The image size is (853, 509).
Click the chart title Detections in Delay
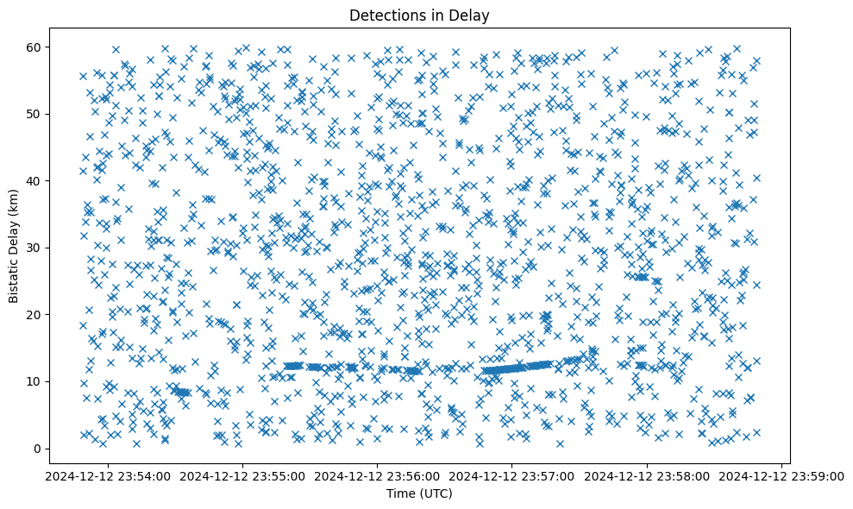click(x=418, y=15)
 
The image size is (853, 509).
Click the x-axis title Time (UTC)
click(x=418, y=494)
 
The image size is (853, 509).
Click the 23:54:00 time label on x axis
click(x=107, y=475)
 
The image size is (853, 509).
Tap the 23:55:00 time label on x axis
click(x=242, y=475)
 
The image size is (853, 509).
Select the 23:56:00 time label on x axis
click(x=377, y=475)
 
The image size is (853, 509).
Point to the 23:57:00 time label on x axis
click(x=512, y=475)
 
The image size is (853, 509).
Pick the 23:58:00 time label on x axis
click(x=647, y=475)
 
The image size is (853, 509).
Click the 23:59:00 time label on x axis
click(x=782, y=475)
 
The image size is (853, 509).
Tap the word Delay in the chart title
click(x=472, y=15)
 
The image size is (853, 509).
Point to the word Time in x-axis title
click(x=399, y=494)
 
